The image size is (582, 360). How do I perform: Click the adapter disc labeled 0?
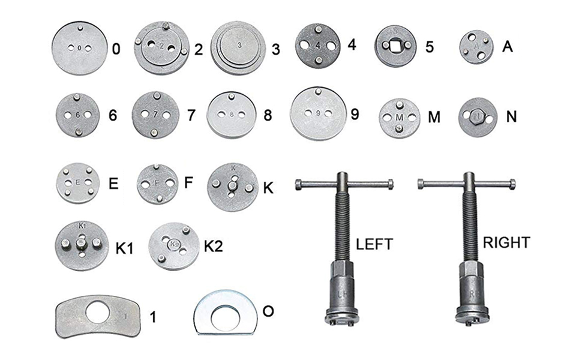pyautogui.click(x=79, y=49)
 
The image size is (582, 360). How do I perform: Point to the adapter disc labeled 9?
pyautogui.click(x=317, y=113)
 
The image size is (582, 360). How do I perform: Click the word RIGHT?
pyautogui.click(x=507, y=242)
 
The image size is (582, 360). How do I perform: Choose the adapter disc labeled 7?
pyautogui.click(x=155, y=115)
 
